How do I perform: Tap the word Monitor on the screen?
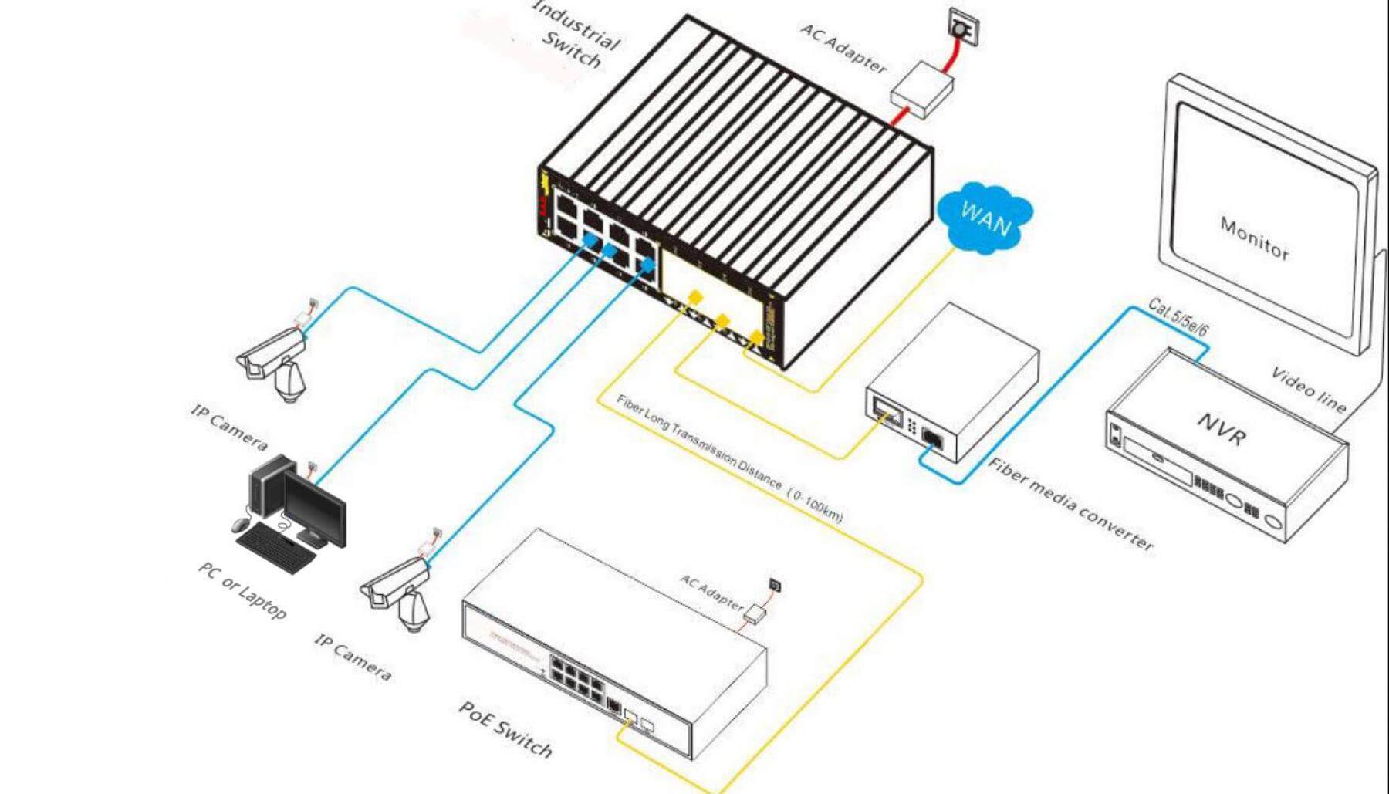(x=1254, y=237)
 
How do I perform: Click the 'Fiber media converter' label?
(x=1070, y=504)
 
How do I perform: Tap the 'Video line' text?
(x=1308, y=390)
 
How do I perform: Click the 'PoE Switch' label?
(x=505, y=729)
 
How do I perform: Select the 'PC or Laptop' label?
(x=242, y=590)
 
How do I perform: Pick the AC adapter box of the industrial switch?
(x=922, y=89)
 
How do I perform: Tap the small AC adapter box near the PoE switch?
(x=755, y=614)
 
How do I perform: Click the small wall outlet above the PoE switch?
(x=775, y=586)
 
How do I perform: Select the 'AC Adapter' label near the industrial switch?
(x=843, y=48)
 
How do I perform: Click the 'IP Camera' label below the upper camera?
(x=229, y=427)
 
